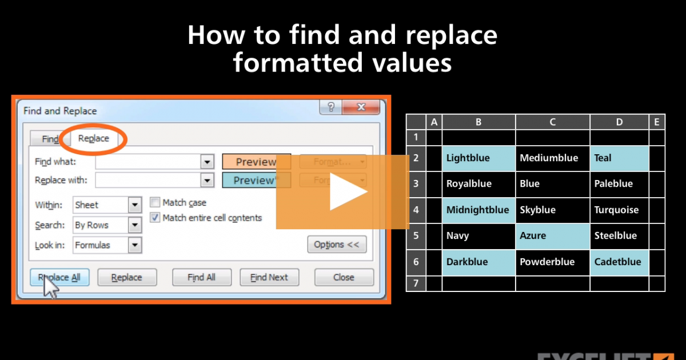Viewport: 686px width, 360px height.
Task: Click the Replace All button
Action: pos(59,278)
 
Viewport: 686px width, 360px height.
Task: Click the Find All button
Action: pos(201,278)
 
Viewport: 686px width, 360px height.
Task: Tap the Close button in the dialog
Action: pos(344,278)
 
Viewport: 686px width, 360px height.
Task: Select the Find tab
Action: pos(50,139)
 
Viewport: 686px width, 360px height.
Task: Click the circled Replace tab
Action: pos(94,138)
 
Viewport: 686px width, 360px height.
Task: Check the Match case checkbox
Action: pos(155,202)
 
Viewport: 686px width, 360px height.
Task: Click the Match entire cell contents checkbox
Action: pos(155,218)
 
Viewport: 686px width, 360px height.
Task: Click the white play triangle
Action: pos(346,193)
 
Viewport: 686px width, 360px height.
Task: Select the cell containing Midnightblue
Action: pos(478,210)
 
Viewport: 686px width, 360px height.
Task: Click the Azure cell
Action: pos(552,236)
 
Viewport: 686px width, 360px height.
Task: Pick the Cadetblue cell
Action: pos(619,262)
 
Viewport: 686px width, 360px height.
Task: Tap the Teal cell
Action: pos(619,158)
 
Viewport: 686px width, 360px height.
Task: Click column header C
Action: pos(552,122)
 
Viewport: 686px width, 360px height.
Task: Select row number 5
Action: pos(416,236)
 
